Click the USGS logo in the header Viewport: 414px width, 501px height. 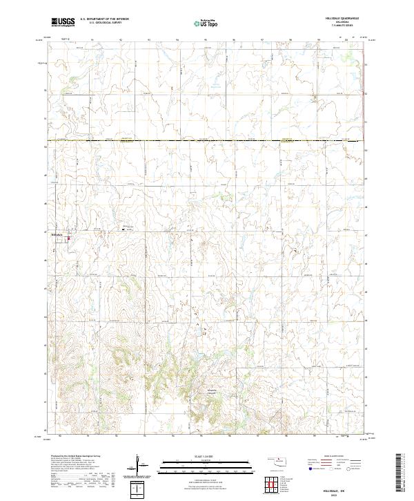[63, 22]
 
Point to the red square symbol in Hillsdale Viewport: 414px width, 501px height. [69, 239]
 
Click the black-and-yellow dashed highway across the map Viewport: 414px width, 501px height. [207, 142]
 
